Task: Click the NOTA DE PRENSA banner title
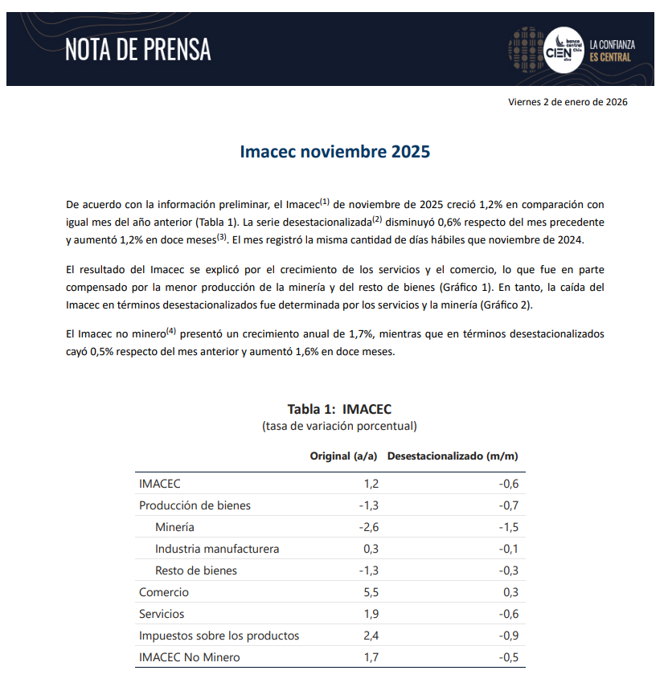point(137,50)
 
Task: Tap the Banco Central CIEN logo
point(560,49)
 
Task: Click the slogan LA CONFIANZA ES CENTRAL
point(612,51)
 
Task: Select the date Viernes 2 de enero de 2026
point(568,102)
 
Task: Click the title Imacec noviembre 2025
point(335,152)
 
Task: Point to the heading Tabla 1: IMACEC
point(339,409)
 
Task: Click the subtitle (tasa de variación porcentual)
point(339,426)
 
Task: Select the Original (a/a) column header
point(343,456)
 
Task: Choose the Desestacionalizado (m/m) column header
point(452,456)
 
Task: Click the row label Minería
point(174,527)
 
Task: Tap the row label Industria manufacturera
point(217,549)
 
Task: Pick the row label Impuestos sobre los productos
point(219,636)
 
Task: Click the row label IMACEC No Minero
point(189,657)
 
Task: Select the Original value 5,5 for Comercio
point(370,592)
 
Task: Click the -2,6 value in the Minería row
point(367,527)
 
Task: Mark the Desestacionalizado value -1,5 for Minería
point(508,527)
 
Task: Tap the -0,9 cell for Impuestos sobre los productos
point(508,636)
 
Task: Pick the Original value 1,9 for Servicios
point(370,614)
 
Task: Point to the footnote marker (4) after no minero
point(170,330)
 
